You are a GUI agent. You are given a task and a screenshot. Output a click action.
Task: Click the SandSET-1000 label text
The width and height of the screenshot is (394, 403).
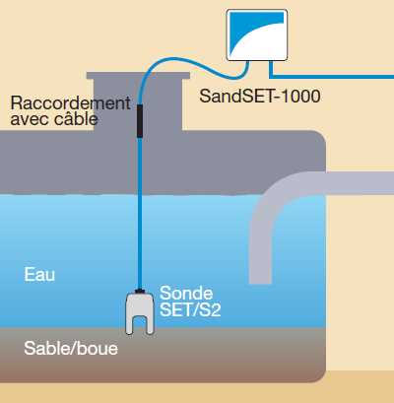[x=260, y=97]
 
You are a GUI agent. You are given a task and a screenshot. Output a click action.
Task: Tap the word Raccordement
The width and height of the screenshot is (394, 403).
[x=71, y=103]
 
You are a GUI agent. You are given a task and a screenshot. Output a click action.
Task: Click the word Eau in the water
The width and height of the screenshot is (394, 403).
[x=39, y=274]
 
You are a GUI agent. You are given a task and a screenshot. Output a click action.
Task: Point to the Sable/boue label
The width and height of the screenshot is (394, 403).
[x=71, y=348]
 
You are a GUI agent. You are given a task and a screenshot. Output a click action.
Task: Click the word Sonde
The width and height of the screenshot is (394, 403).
[x=186, y=293]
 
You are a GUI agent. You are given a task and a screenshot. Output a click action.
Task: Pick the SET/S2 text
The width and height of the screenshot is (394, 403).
[x=190, y=309]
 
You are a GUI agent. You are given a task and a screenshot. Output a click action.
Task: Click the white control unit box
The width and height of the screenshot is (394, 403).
[x=257, y=35]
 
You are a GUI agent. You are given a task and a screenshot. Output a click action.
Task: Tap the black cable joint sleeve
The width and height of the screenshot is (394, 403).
[x=140, y=121]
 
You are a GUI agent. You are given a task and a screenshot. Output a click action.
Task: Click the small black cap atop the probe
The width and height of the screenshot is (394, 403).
[x=140, y=291]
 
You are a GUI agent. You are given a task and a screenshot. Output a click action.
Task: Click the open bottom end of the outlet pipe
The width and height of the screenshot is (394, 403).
[x=260, y=283]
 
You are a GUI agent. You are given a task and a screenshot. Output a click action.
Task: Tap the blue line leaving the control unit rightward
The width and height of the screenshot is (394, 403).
[x=332, y=77]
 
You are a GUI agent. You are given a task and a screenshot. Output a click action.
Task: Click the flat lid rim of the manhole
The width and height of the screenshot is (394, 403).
[x=138, y=76]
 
